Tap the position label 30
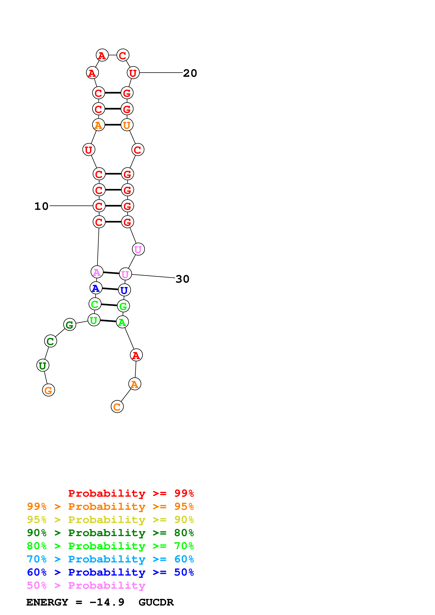pos(182,279)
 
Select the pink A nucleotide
pos(97,272)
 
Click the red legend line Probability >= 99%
pos(131,493)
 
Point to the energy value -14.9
pos(107,602)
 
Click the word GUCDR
pos(156,602)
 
